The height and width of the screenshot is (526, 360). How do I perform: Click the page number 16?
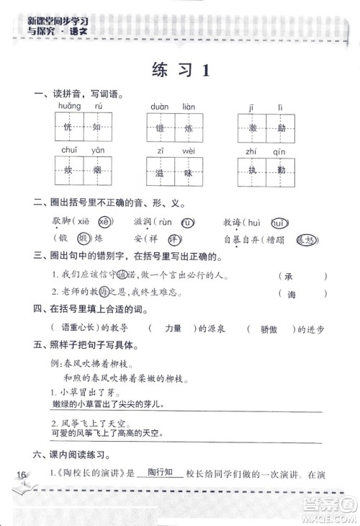[x=20, y=473]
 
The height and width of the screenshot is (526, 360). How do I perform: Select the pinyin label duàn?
[x=159, y=106]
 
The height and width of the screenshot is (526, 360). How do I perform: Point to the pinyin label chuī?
[x=70, y=150]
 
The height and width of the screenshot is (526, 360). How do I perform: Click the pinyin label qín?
[x=281, y=152]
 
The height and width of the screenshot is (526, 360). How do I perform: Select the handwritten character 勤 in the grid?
[x=282, y=174]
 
